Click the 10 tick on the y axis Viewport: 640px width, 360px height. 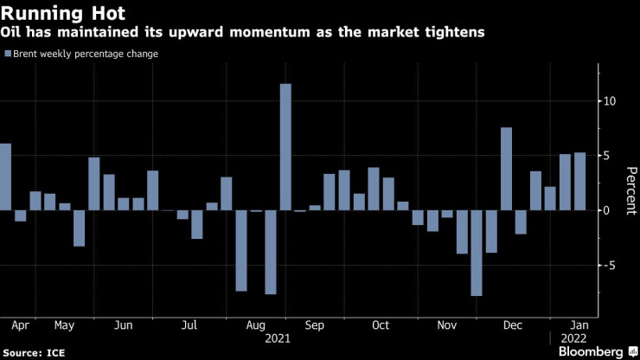610,101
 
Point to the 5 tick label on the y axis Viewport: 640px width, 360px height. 610,156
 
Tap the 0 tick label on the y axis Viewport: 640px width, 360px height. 610,210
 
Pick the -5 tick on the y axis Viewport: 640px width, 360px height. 610,266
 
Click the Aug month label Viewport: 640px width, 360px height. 255,325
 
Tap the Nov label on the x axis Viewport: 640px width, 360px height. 446,325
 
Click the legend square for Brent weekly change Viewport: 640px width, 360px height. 8,54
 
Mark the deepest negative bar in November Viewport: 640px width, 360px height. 476,253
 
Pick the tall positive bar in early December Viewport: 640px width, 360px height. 506,169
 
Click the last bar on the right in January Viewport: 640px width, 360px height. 579,182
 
